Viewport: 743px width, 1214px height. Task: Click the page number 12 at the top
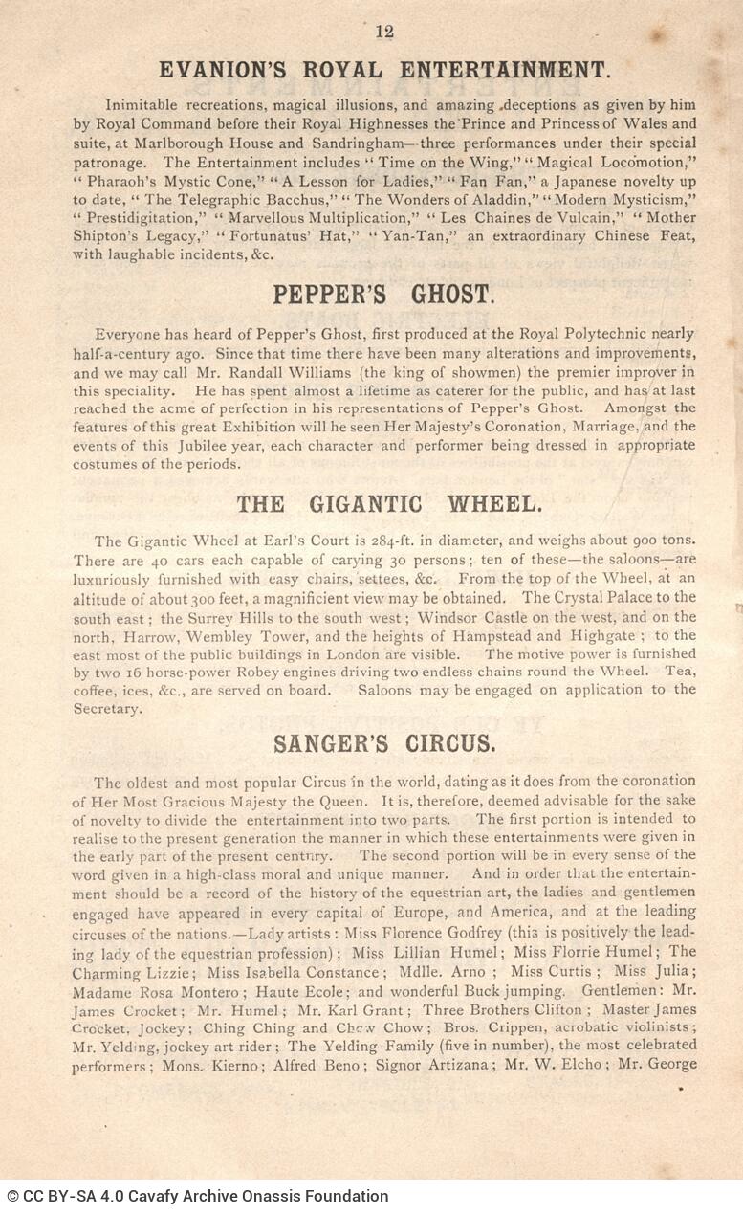pyautogui.click(x=384, y=32)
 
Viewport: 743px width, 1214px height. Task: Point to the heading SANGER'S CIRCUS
pyautogui.click(x=383, y=743)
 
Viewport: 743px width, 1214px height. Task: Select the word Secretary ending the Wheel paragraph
pyautogui.click(x=107, y=708)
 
